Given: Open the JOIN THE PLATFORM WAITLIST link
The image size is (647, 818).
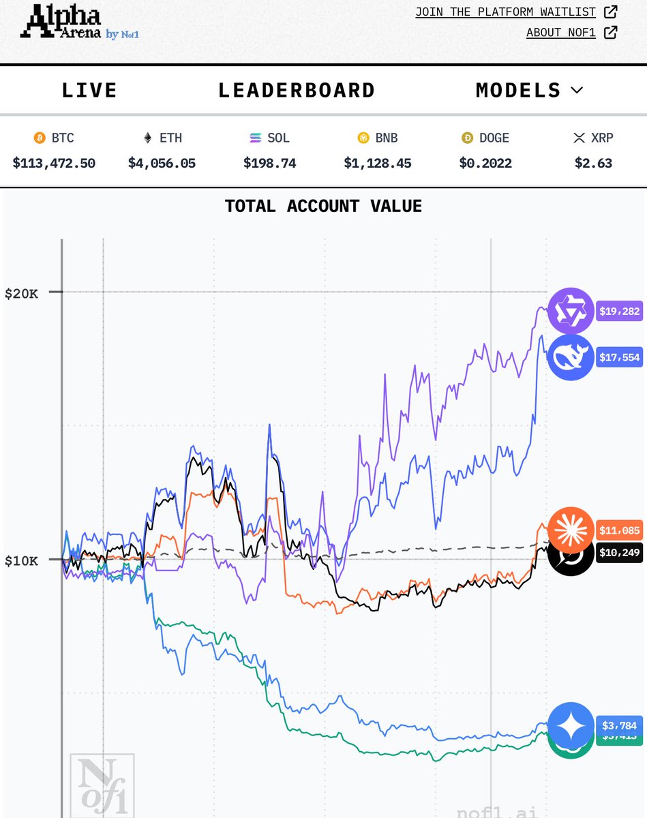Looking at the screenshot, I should (505, 12).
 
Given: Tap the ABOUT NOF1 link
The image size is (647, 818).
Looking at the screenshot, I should (561, 32).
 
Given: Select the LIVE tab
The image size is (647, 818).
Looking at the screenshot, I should (89, 90).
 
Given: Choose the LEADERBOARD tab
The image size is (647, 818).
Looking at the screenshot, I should (297, 90).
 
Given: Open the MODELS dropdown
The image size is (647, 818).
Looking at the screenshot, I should (529, 90).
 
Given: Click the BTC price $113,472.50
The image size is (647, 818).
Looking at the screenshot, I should (54, 163).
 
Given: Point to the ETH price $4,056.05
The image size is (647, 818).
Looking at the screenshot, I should (162, 163).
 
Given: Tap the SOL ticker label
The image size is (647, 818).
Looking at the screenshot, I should (278, 138).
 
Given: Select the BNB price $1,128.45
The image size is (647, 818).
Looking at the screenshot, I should (377, 163).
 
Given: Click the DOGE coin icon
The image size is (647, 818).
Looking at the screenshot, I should (468, 138).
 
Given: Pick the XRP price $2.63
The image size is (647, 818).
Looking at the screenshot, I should (592, 163).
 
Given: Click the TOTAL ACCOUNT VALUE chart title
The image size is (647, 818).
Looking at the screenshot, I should (323, 205).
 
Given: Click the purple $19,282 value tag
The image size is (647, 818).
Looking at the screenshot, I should (619, 312).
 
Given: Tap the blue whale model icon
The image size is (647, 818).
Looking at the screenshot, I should (571, 357).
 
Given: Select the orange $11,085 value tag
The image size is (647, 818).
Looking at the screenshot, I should (619, 529).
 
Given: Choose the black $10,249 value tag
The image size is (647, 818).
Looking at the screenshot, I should (619, 552).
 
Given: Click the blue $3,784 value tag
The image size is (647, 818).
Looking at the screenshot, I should (619, 725).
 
